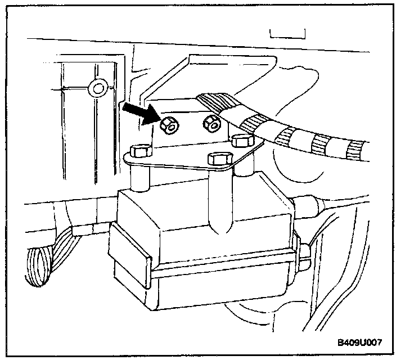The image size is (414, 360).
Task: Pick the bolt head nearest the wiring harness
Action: click(x=242, y=141)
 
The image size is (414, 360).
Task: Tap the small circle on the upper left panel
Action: click(x=99, y=87)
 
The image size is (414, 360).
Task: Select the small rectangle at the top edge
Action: click(x=287, y=34)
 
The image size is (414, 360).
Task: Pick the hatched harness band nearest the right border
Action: click(x=355, y=149)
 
